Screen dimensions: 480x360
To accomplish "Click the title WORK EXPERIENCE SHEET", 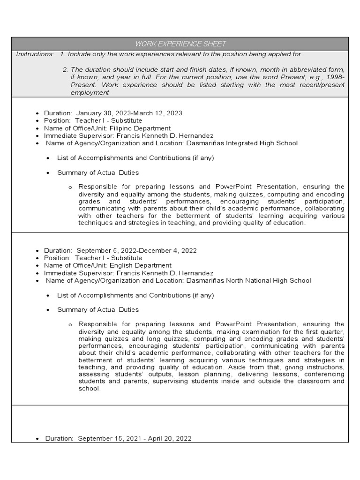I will pos(180,44).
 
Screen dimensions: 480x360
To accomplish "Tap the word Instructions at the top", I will pos(35,54).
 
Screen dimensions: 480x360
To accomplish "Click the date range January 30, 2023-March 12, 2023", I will pos(129,113).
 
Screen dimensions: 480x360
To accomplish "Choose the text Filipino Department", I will pos(140,128).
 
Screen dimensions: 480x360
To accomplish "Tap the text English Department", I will pos(141,265).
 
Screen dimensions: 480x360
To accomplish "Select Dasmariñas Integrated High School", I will pos(242,143).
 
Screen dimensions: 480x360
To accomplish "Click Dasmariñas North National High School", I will pos(248,280).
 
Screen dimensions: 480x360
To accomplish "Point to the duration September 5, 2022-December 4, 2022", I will pos(137,250).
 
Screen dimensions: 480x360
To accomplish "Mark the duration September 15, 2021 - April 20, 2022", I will pos(135,438).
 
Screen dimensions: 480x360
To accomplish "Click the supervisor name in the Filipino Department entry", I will pos(162,135).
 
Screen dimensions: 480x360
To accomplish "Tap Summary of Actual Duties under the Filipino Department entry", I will pos(98,172).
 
